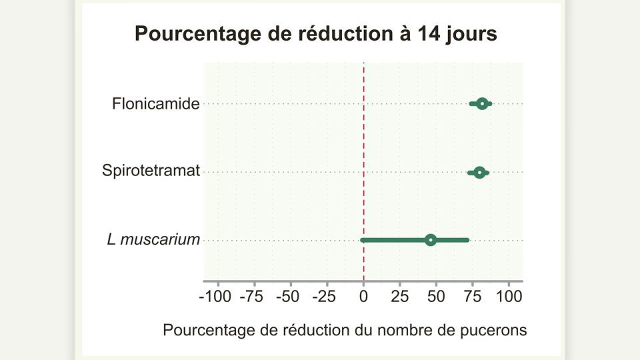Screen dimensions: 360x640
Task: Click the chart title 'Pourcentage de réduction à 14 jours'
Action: pyautogui.click(x=316, y=34)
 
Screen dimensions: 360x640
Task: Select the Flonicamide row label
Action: pyautogui.click(x=156, y=104)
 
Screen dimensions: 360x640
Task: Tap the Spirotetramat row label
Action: pyautogui.click(x=151, y=171)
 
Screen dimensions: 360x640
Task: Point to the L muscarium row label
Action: pyautogui.click(x=153, y=240)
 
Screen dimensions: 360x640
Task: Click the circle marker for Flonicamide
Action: pyautogui.click(x=481, y=104)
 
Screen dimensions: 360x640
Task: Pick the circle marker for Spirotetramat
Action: pyautogui.click(x=479, y=173)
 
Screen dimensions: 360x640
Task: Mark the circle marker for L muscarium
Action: pyautogui.click(x=431, y=240)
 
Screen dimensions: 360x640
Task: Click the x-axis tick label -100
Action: pyautogui.click(x=215, y=297)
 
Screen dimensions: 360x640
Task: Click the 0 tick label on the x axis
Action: pyautogui.click(x=363, y=297)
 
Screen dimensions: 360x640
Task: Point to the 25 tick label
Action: pyautogui.click(x=400, y=297)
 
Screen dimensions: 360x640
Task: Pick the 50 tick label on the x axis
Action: pyautogui.click(x=436, y=297)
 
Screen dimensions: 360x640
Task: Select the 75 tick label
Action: pyautogui.click(x=473, y=297)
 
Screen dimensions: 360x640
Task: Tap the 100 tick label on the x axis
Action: pyautogui.click(x=509, y=297)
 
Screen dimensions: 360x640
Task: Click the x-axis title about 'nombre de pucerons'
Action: pyautogui.click(x=345, y=330)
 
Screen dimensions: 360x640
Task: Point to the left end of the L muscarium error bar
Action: pyautogui.click(x=362, y=240)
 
